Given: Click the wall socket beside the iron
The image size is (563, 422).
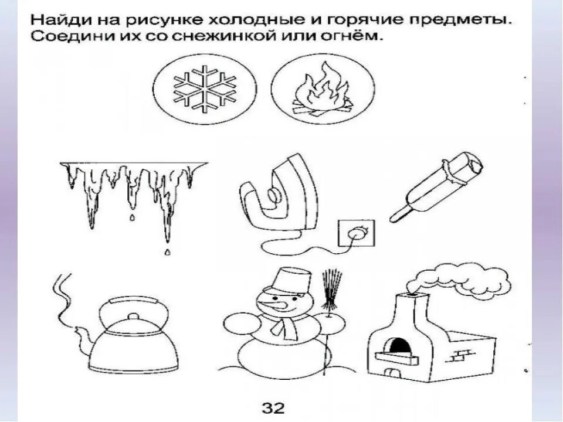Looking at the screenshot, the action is point(352,233).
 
